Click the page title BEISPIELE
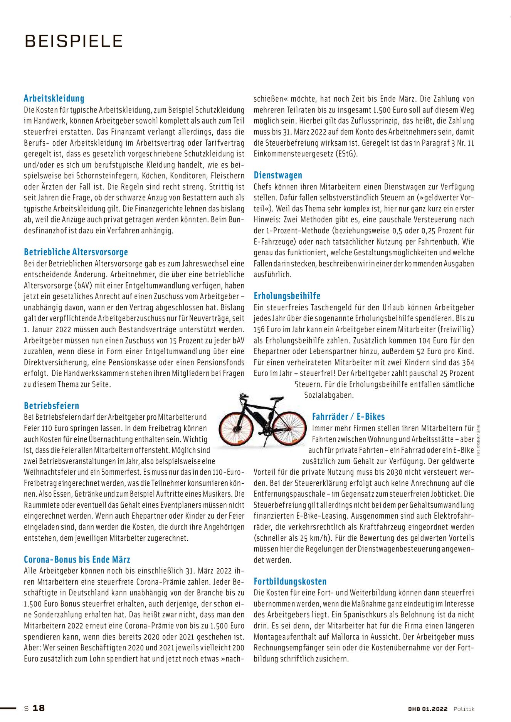click(x=74, y=41)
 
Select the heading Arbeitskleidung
click(x=54, y=98)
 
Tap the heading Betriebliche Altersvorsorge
click(x=76, y=252)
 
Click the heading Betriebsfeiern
click(x=51, y=406)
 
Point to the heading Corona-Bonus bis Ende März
click(x=77, y=560)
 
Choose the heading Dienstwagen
click(x=278, y=176)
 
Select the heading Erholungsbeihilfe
click(x=287, y=296)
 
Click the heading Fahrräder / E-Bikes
click(x=348, y=417)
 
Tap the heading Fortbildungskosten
click(x=290, y=581)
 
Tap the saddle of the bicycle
click(x=277, y=399)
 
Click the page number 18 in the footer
click(x=39, y=708)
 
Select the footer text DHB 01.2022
click(x=428, y=709)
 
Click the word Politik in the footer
click(x=464, y=709)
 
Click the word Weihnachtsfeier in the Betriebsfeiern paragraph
click(x=50, y=472)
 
